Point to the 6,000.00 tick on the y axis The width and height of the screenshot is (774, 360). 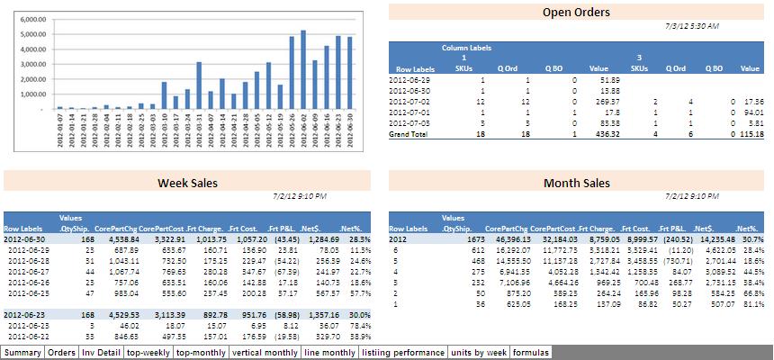(x=32, y=18)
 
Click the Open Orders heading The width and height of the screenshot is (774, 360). (x=576, y=13)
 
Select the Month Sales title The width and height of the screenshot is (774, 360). (x=577, y=184)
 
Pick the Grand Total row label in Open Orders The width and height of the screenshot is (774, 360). (x=418, y=134)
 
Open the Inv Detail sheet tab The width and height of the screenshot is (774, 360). (x=102, y=353)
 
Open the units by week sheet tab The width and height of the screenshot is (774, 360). (x=479, y=353)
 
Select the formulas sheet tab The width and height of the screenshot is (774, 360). (x=530, y=353)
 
